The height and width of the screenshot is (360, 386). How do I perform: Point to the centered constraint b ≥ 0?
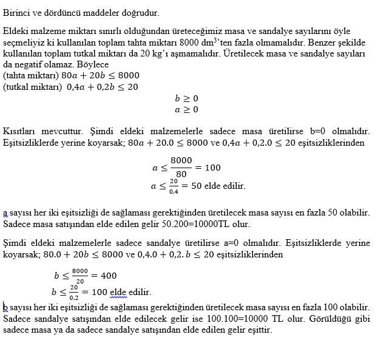186,98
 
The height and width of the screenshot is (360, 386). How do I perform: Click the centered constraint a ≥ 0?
186,110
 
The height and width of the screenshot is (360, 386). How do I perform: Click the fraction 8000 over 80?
181,167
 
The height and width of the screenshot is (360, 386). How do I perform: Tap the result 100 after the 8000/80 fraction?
212,167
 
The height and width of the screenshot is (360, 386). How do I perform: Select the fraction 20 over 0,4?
174,186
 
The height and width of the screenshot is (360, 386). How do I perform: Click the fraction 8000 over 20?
80,275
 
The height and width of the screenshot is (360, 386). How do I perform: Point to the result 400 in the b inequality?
107,275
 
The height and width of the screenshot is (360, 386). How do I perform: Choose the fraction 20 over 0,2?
73,291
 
